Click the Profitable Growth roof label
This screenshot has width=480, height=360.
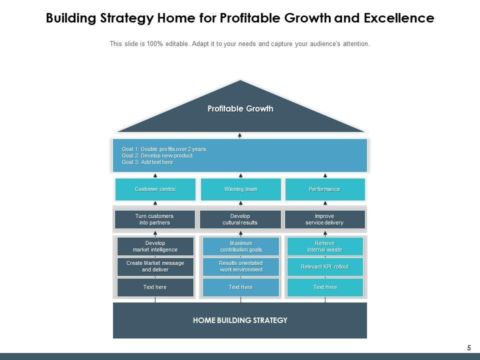coord(240,108)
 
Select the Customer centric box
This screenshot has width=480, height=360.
coord(155,189)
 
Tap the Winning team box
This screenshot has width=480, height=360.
coord(240,189)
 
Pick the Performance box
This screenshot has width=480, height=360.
coord(325,189)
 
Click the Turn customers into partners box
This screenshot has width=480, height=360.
coord(155,219)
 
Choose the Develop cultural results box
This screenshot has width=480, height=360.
coord(240,219)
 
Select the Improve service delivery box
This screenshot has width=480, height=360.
coord(325,219)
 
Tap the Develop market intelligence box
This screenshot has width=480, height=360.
coord(155,246)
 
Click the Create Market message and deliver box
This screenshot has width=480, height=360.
coord(155,266)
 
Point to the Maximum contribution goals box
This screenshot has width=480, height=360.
coord(240,246)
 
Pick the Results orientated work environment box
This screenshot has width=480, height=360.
coord(240,266)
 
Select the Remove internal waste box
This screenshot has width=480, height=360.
coord(325,246)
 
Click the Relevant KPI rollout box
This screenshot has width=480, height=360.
coord(325,267)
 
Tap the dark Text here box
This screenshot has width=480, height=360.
coord(155,287)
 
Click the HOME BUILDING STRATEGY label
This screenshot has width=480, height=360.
coord(240,320)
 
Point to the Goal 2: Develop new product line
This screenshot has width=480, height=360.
coord(157,155)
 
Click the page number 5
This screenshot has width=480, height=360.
coord(469,347)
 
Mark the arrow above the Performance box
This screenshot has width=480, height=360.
coord(325,175)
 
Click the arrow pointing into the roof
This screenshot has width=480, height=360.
coord(240,135)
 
